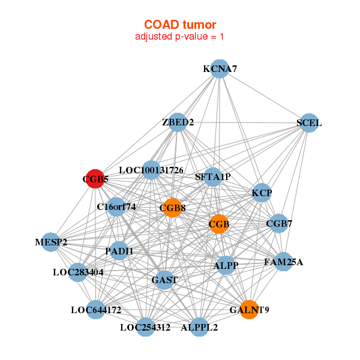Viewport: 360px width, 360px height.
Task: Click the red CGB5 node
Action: [95, 179]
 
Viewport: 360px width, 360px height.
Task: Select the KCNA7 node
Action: [220, 69]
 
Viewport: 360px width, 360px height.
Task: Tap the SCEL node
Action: [309, 123]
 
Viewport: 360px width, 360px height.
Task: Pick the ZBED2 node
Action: [178, 122]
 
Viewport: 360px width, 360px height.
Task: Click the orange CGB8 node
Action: [172, 208]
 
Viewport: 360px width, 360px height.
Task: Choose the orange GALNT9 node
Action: [249, 310]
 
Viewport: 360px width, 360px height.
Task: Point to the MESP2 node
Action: [51, 242]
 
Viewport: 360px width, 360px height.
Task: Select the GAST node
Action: [164, 280]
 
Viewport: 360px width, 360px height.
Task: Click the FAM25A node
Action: [284, 262]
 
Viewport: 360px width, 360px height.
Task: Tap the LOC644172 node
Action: [95, 310]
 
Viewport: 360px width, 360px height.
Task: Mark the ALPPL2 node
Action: [199, 327]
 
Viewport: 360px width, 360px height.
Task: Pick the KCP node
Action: [262, 193]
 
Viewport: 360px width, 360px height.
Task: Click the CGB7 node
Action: [279, 223]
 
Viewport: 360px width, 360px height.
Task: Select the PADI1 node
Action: [119, 251]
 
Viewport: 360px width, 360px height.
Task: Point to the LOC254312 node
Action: [145, 327]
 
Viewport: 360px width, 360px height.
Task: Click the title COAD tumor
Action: [180, 25]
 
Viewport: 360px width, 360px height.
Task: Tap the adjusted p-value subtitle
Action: [179, 37]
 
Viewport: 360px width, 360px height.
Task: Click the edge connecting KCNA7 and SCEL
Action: [264, 96]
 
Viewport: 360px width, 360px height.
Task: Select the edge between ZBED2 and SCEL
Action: [243, 122]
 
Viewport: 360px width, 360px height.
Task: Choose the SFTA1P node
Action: [213, 177]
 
